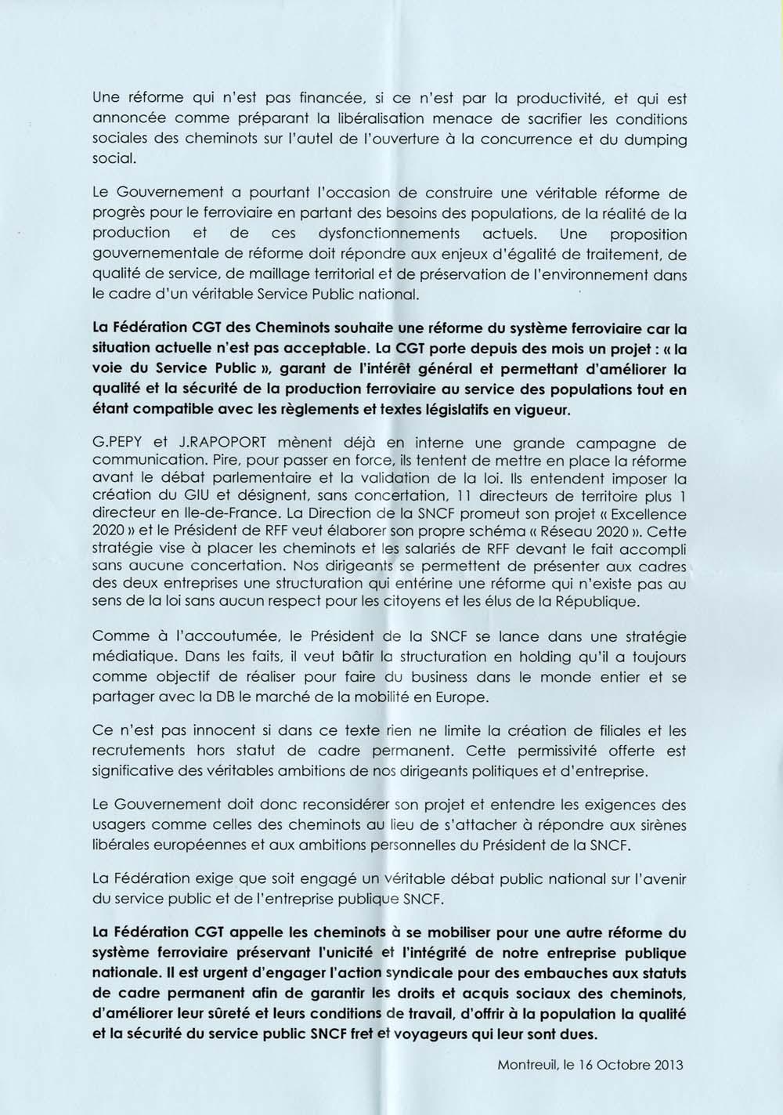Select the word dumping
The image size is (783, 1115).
(x=650, y=139)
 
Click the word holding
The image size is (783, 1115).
(x=431, y=659)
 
